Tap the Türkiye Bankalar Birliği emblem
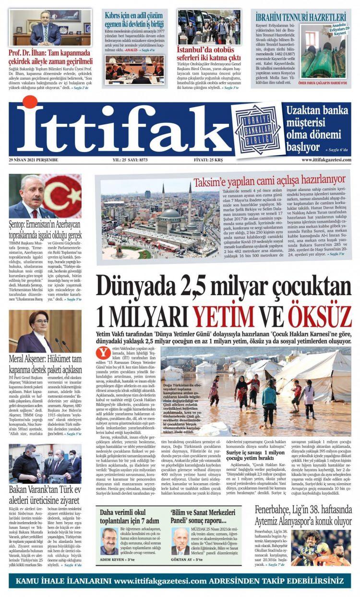[257, 129]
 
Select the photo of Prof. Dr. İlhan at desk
[50, 27]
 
